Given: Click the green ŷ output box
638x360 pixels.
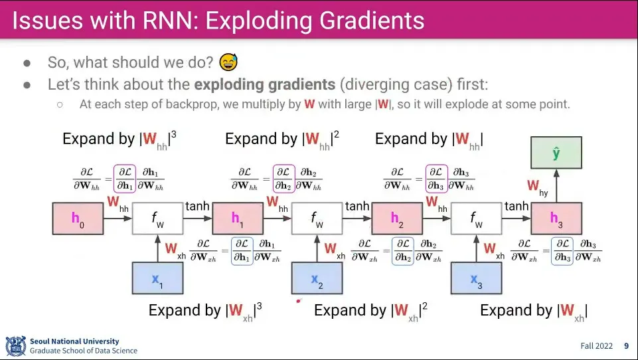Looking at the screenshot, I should (556, 153).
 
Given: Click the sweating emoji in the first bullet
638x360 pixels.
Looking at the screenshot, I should (228, 62).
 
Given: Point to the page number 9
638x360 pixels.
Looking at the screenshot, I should (626, 346).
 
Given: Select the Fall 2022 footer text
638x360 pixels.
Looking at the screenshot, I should (596, 346).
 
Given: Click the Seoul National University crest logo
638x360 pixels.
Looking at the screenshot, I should (15, 346).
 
